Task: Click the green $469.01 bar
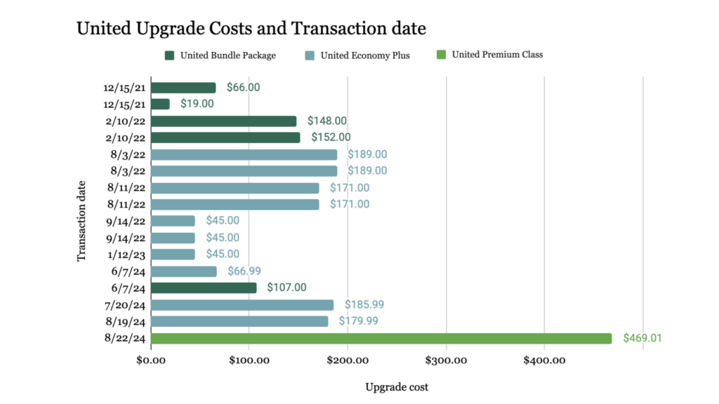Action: pos(381,338)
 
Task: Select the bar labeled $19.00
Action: pos(160,104)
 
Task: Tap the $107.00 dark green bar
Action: pos(204,288)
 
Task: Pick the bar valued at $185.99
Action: pos(242,304)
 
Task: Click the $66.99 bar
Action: pos(184,271)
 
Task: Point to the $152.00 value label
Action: pos(331,137)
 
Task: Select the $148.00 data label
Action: pos(326,121)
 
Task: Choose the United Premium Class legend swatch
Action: pos(442,55)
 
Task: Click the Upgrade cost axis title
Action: pos(397,386)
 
